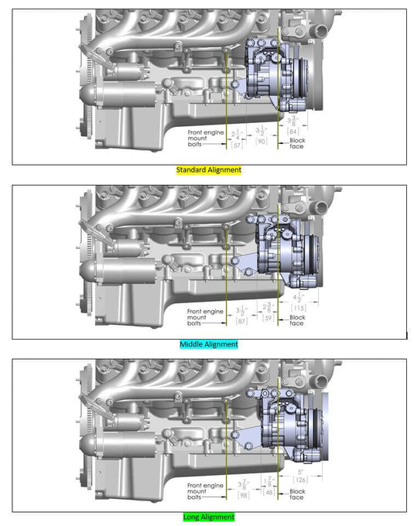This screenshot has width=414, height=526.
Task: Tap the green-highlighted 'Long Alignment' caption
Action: (x=208, y=517)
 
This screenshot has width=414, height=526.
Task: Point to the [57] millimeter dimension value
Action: (x=238, y=145)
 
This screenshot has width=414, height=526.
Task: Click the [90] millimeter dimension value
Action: (x=262, y=142)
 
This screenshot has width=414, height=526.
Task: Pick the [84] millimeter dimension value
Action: (x=293, y=131)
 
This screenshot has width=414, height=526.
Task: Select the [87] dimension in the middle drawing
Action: (x=241, y=320)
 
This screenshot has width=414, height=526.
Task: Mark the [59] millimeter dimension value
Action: (x=269, y=317)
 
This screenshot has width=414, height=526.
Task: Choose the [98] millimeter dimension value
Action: (x=243, y=495)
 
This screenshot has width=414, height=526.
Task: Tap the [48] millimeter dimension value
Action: (x=269, y=492)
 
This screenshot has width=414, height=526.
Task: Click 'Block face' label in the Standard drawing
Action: (x=297, y=144)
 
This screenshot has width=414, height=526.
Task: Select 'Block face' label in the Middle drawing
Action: (x=297, y=320)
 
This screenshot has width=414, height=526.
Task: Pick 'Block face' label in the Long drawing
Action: (x=297, y=494)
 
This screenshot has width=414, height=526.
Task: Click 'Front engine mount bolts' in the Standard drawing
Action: (x=203, y=138)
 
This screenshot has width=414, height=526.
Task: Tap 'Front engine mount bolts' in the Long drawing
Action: (x=203, y=490)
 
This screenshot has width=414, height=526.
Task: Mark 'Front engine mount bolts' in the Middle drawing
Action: (x=203, y=316)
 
